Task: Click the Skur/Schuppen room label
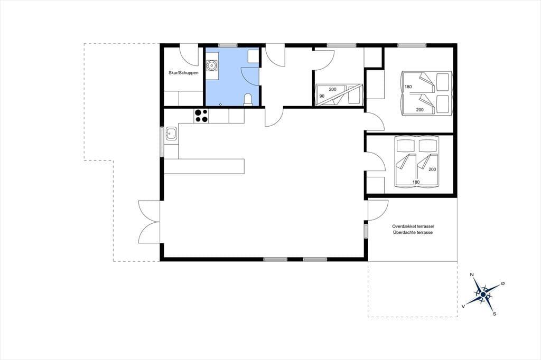point(183,73)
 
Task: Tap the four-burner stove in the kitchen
point(201,116)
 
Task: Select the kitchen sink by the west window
point(172,133)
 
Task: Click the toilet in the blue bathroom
point(248,99)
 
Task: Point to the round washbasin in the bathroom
point(211,65)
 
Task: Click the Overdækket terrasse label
point(413,226)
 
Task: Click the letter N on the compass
point(472,274)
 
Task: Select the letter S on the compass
point(495,314)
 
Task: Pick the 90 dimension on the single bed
point(322,96)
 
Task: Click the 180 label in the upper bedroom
point(408,87)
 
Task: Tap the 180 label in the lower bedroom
point(416,182)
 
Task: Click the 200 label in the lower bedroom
point(432,169)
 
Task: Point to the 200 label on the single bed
point(332,89)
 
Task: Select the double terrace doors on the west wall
point(150,222)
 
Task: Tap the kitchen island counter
point(204,166)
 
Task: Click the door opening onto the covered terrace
point(377,210)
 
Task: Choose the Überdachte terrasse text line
point(413,233)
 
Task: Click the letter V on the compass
point(463,306)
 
